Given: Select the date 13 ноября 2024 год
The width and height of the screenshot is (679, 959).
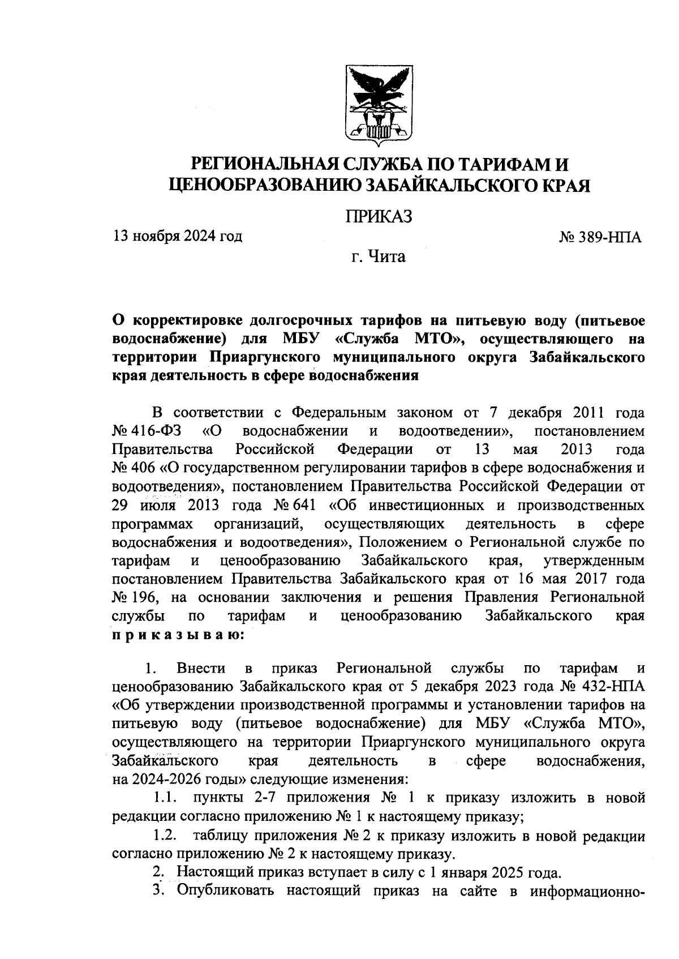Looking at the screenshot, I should click(178, 236).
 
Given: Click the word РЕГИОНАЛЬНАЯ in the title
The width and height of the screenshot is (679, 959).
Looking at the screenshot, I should click(265, 165).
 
